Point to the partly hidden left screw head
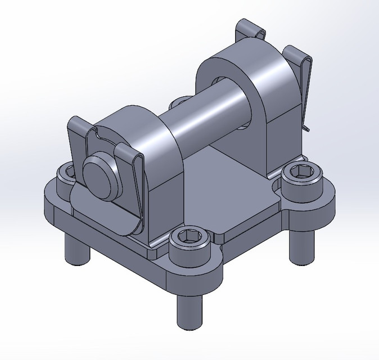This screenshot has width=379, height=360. pyautogui.click(x=65, y=174)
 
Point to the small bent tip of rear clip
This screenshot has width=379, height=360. pyautogui.click(x=305, y=129)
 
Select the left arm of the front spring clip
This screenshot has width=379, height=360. pyautogui.click(x=76, y=141)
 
